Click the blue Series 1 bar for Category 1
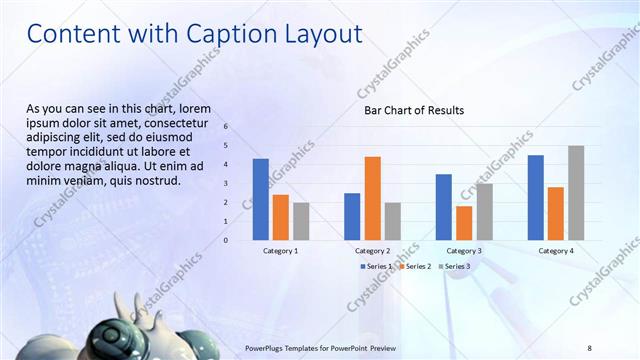point(261,199)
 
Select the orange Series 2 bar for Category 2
point(372,198)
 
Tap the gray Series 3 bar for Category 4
point(576,193)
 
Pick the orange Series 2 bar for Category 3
point(464,223)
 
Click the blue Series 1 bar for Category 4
point(536,197)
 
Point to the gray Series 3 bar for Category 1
point(301,221)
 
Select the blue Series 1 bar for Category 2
point(352,216)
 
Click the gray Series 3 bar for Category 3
point(484,211)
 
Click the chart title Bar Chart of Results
point(413,111)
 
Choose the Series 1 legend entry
point(377,266)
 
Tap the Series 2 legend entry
point(416,266)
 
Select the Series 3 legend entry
point(454,266)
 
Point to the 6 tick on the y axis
point(226,127)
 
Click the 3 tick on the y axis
point(226,184)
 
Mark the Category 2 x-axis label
point(372,251)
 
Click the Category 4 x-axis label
point(557,251)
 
